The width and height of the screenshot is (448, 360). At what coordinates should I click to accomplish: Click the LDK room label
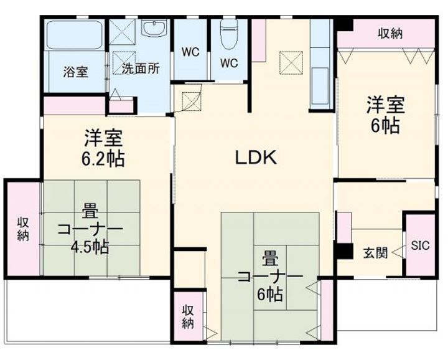(256, 158)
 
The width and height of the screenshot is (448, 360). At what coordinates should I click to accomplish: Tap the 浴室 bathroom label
(75, 72)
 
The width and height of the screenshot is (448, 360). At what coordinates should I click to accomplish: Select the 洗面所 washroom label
(140, 69)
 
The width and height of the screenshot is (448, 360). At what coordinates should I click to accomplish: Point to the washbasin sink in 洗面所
(154, 28)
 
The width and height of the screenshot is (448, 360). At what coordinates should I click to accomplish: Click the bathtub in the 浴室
(74, 35)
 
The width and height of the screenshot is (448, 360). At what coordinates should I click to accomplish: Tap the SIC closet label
(420, 245)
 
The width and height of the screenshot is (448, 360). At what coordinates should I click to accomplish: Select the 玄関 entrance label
(375, 253)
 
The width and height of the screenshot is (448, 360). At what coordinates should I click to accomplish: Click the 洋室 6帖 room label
(385, 115)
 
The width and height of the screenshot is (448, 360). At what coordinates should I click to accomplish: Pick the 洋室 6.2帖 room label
(103, 148)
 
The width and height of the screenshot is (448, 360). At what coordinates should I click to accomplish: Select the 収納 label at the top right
(390, 34)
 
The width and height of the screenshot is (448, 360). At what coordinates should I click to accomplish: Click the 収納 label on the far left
(23, 229)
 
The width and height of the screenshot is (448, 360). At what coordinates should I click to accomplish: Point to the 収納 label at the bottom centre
(188, 316)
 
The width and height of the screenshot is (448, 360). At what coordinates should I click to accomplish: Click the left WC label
(190, 52)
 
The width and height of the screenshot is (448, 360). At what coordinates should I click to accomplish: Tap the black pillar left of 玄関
(344, 252)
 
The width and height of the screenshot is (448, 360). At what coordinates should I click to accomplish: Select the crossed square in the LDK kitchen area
(291, 63)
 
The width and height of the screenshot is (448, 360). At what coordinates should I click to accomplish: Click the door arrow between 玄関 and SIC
(398, 253)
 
